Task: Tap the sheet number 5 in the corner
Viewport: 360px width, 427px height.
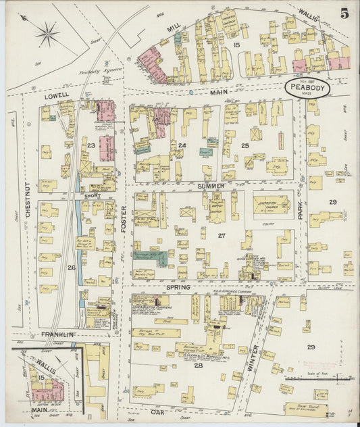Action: [x=344, y=13]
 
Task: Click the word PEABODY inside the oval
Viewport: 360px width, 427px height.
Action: [x=307, y=86]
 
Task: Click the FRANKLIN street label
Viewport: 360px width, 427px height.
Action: [x=57, y=334]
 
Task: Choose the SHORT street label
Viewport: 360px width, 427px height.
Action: [x=93, y=196]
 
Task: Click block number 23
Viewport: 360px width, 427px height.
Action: [x=91, y=145]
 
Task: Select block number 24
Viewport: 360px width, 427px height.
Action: [x=182, y=145]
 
